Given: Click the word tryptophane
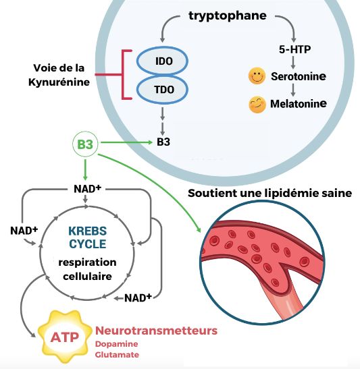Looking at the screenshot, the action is click(x=228, y=16).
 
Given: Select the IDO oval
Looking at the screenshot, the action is click(x=162, y=61).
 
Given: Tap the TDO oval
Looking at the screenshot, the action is click(x=162, y=90).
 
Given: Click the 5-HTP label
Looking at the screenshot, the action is click(x=294, y=49).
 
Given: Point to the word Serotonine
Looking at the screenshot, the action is click(x=299, y=76).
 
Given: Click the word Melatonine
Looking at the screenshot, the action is click(x=299, y=104).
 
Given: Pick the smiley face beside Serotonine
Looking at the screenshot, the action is click(x=257, y=76).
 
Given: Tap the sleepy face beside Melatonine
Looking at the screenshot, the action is click(x=257, y=105).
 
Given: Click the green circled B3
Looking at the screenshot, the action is click(x=85, y=144).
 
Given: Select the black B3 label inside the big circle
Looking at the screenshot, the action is click(x=163, y=142).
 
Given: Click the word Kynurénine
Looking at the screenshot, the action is click(x=59, y=82).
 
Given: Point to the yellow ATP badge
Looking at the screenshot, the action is click(x=65, y=337).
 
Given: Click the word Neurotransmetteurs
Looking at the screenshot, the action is click(x=156, y=331).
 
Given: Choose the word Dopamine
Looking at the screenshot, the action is click(x=117, y=344).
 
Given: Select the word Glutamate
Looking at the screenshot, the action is click(x=117, y=355).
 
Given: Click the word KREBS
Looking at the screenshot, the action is click(x=87, y=231).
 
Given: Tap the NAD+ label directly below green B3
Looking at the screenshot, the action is click(x=87, y=189).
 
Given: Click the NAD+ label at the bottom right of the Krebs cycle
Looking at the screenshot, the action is click(x=138, y=298).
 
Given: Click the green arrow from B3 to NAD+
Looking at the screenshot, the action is click(x=85, y=170).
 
